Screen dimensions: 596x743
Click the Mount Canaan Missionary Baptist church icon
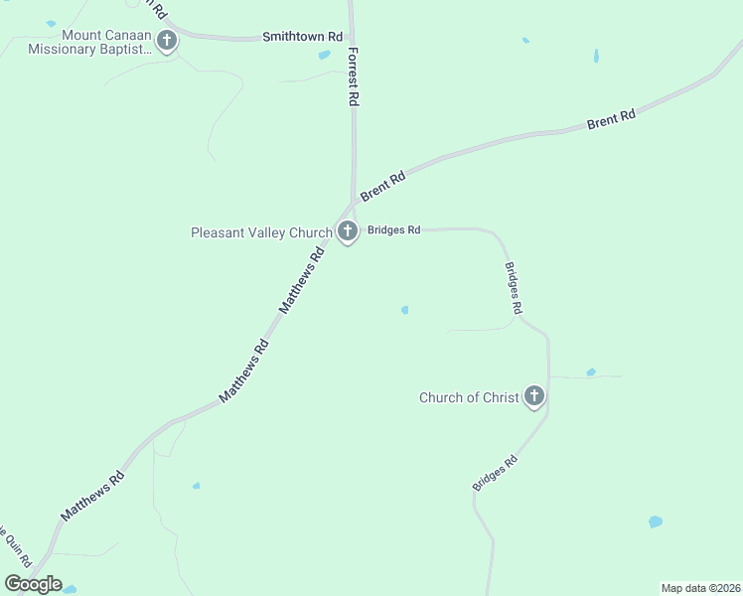[x=167, y=41]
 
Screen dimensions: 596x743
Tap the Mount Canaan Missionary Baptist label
[x=89, y=41]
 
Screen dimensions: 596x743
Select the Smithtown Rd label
[x=302, y=37]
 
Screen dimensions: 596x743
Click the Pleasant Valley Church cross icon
[x=347, y=232]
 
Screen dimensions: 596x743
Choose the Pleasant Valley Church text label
[x=261, y=233]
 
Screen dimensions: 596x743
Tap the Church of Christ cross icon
[x=534, y=397]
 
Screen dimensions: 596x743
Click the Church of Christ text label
[x=469, y=398]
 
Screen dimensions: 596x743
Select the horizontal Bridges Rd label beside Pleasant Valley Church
[x=394, y=229]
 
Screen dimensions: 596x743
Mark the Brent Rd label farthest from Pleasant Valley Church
[x=611, y=120]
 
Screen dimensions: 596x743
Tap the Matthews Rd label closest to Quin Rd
[x=93, y=496]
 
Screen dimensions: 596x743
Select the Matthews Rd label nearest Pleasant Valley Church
[x=303, y=281]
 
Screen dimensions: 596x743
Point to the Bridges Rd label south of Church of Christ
[x=496, y=472]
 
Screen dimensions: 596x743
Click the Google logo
[x=33, y=584]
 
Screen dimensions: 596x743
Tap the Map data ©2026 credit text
[x=701, y=588]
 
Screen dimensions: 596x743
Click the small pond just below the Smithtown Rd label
[x=325, y=55]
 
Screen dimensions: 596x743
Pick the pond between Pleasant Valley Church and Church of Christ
[x=404, y=310]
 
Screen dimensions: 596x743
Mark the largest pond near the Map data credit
[x=655, y=521]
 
